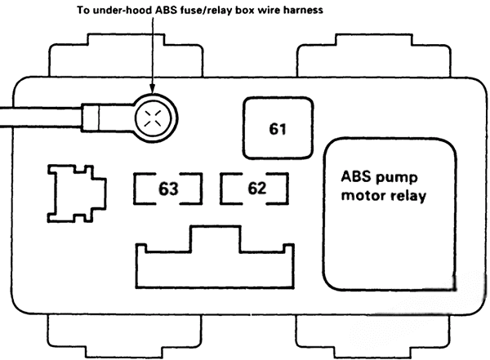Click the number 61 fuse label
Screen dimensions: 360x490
click(x=279, y=129)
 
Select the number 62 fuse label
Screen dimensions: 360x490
click(x=256, y=189)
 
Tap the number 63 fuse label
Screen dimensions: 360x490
click(x=168, y=189)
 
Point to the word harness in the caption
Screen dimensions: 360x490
click(x=301, y=11)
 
